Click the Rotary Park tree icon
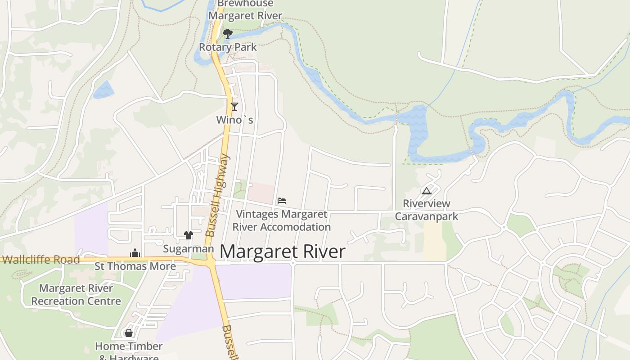coord(228,34)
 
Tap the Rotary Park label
coord(228,47)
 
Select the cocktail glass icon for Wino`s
coord(234,107)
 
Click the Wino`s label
coord(234,120)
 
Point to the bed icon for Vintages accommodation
coord(282,201)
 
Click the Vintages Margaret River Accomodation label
coord(282,220)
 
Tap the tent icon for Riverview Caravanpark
coord(427,191)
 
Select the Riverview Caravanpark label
coord(427,210)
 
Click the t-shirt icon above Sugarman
coord(189,235)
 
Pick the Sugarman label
coord(188,249)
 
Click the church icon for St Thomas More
coord(135,253)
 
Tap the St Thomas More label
coord(135,266)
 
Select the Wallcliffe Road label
coord(40,260)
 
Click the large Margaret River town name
coord(283,252)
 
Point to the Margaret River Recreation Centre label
coord(76,295)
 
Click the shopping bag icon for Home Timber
coord(129,333)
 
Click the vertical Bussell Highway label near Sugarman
coord(217,196)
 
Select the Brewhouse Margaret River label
coord(245,10)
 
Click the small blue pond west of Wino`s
coord(103,90)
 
